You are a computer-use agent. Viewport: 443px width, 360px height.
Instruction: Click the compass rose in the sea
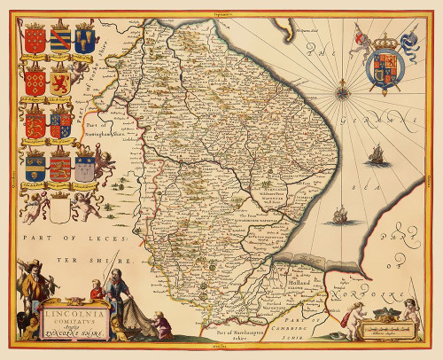tap(341, 87)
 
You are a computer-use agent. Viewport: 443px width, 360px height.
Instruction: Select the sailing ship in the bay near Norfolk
tap(338, 215)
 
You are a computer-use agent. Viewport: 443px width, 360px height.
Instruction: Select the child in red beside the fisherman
tap(95, 290)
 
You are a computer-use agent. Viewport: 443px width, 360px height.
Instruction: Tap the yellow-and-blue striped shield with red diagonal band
tap(60, 40)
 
